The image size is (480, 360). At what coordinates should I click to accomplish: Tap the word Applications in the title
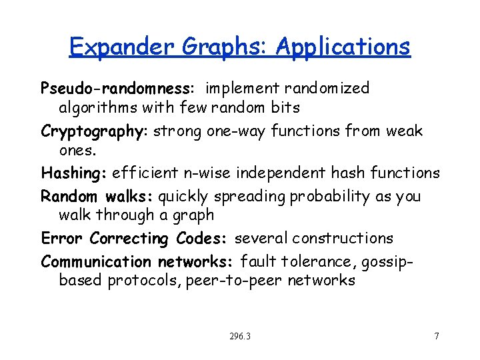(x=343, y=47)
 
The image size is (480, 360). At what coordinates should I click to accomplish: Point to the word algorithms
(x=102, y=107)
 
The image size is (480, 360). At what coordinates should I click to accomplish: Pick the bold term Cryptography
(x=95, y=131)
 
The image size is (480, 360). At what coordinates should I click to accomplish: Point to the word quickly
(x=183, y=197)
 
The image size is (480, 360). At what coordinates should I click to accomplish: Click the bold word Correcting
(x=128, y=238)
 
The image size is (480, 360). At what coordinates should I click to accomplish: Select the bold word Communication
(x=96, y=261)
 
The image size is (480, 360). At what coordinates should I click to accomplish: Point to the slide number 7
(x=437, y=336)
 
